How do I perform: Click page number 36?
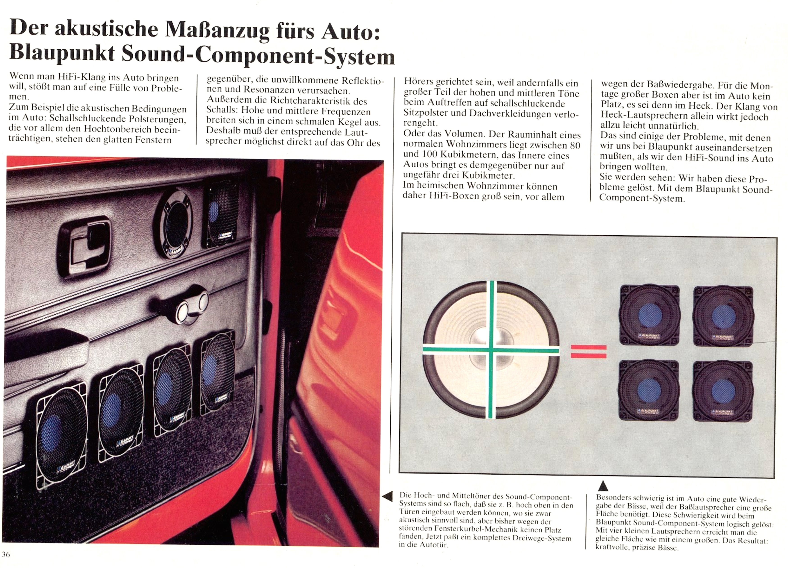click(x=6, y=554)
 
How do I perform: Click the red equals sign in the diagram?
click(x=589, y=351)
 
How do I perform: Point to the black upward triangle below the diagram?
click(x=604, y=486)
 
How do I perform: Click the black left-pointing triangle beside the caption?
click(x=387, y=496)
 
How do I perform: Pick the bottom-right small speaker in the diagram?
click(x=723, y=391)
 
